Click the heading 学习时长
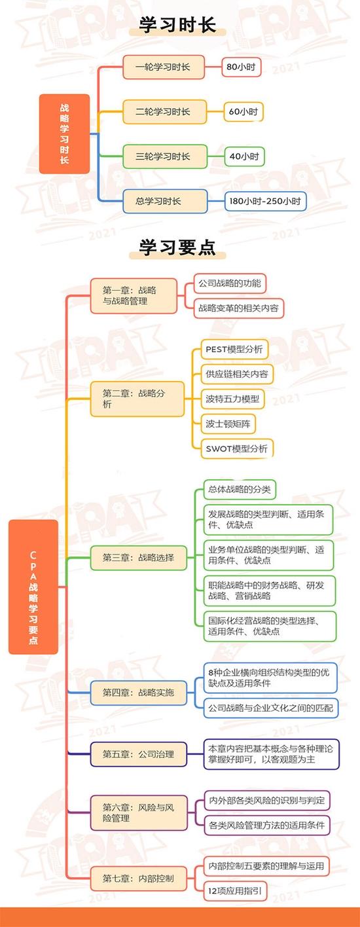(177, 25)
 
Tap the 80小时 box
(242, 67)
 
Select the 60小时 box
(243, 111)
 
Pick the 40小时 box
(244, 156)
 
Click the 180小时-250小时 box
(265, 201)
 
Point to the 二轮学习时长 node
(165, 111)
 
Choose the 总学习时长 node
(165, 201)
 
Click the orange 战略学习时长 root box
(65, 134)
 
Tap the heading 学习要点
(177, 247)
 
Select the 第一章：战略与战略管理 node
(134, 295)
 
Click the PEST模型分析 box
(234, 350)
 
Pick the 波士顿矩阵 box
(228, 424)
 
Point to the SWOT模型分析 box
(237, 448)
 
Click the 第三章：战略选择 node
(139, 557)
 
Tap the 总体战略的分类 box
(240, 490)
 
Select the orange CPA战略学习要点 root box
(33, 587)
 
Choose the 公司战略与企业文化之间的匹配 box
(270, 708)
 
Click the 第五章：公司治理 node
(139, 754)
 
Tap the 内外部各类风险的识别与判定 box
(267, 801)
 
